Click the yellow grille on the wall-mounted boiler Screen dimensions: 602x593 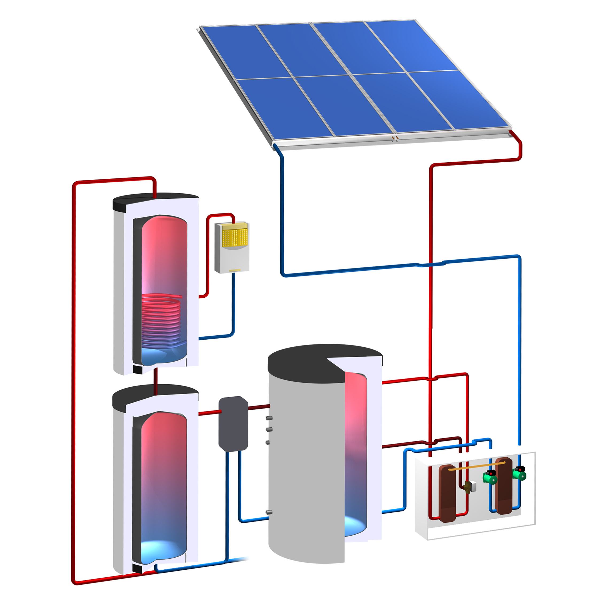[235, 237]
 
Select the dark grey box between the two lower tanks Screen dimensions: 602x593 [233, 423]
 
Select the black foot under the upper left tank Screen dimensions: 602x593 [137, 369]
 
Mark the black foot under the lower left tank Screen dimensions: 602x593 [137, 568]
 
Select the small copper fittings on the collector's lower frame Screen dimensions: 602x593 [395, 137]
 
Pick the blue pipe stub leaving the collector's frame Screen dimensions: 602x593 [277, 147]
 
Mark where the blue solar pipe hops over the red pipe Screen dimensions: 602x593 [431, 265]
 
